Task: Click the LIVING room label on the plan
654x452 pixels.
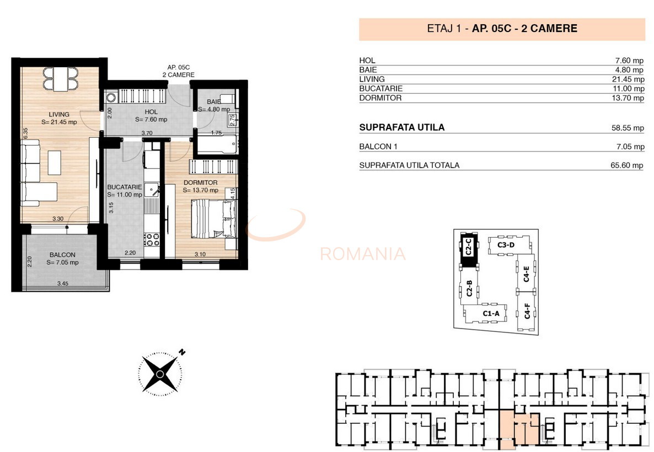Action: [59, 115]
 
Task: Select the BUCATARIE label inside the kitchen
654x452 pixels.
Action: [124, 187]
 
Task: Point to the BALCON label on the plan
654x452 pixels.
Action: [62, 255]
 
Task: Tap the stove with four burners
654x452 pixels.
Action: [152, 239]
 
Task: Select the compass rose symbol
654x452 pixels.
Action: [160, 374]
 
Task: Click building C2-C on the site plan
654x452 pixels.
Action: [468, 249]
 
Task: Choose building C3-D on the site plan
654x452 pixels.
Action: [506, 245]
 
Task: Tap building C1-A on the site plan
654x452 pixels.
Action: [491, 314]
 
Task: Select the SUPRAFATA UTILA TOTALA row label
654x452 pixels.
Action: [409, 165]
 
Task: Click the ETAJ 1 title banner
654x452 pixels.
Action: [502, 29]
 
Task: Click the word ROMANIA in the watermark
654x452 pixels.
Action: [363, 254]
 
